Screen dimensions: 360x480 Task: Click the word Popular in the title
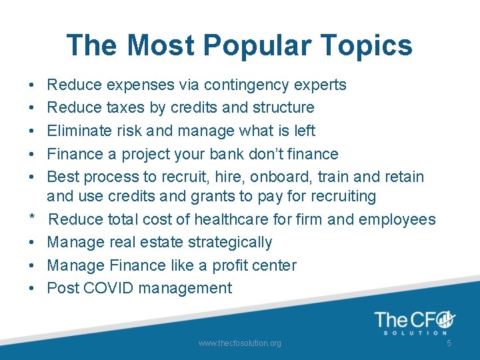pos(255,46)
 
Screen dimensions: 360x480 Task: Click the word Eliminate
pos(79,131)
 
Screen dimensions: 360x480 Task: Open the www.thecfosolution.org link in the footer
pos(239,343)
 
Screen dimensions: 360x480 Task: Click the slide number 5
pos(449,343)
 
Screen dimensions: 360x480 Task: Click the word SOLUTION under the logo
pos(413,333)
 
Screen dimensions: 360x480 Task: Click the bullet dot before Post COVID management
pos(32,289)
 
